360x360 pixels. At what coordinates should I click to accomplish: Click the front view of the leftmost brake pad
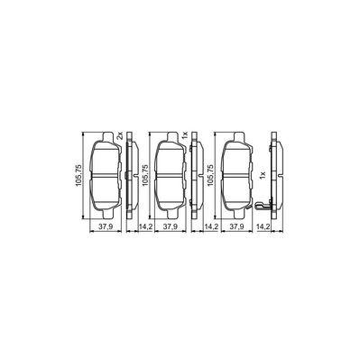pyautogui.click(x=104, y=177)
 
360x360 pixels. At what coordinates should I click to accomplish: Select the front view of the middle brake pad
pyautogui.click(x=169, y=177)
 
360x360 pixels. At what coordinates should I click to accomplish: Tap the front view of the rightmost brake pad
pyautogui.click(x=234, y=177)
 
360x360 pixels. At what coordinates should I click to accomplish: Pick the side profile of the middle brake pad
pyautogui.click(x=196, y=177)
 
